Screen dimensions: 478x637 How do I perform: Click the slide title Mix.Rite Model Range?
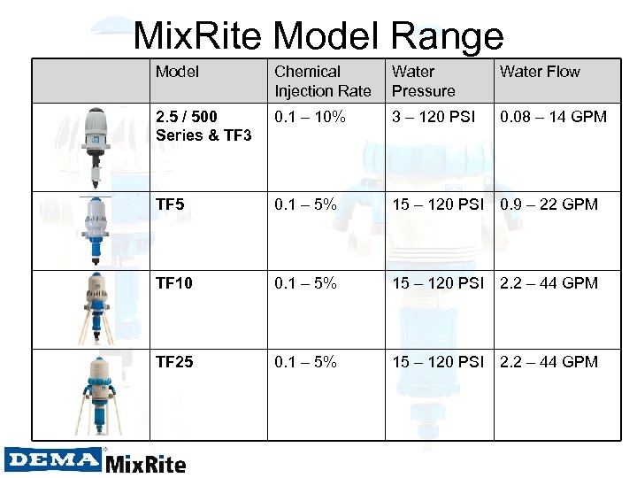point(318,36)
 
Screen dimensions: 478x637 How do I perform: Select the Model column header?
point(177,72)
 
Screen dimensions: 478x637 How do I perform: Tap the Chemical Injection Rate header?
point(322,81)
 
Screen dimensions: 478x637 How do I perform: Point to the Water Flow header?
point(540,72)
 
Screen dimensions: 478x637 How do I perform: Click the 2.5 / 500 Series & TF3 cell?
point(203,126)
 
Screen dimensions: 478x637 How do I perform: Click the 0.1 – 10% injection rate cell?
point(310,117)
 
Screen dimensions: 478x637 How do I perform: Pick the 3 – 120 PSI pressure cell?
point(434,117)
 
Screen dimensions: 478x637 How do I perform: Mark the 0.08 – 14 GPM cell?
point(553,117)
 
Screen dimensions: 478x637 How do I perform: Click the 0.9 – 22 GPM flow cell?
point(549,204)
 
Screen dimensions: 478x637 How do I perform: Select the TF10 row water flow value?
point(549,283)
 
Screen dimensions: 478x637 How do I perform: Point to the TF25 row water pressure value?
point(439,362)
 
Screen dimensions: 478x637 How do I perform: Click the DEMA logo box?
point(52,459)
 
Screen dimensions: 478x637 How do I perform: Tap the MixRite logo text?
point(146,463)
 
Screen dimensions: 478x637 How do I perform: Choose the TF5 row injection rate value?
point(305,204)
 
